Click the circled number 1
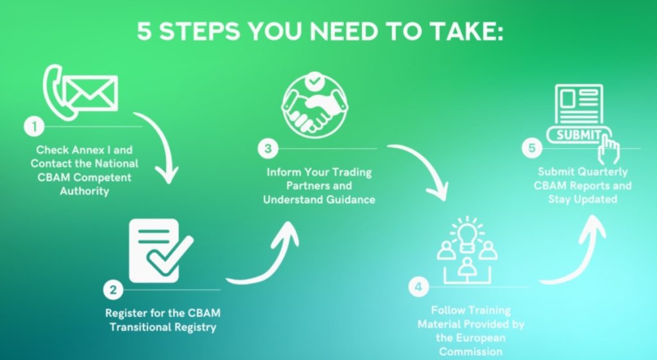[x=32, y=126]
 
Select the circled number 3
[x=268, y=149]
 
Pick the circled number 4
[x=418, y=286]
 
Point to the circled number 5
[x=531, y=149]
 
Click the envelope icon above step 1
[x=92, y=93]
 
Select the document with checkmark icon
[x=159, y=251]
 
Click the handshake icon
[x=312, y=109]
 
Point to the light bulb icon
[x=467, y=231]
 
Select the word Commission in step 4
[x=471, y=351]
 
